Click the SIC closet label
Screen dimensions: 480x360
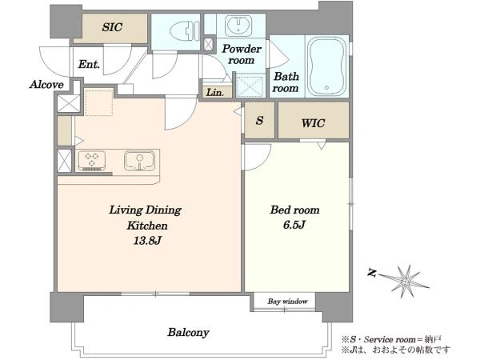(112, 27)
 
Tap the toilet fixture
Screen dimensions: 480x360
(183, 30)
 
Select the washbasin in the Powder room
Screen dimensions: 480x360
(238, 26)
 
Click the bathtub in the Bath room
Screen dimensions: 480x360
(326, 66)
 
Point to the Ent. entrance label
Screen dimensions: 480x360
(89, 64)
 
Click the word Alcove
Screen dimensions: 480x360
(46, 85)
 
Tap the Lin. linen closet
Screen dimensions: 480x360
(215, 92)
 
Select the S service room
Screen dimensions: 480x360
(259, 120)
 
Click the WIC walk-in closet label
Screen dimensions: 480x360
(313, 123)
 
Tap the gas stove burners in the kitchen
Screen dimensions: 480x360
(92, 161)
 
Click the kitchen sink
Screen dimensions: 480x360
(139, 161)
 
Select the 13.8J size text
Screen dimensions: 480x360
(147, 241)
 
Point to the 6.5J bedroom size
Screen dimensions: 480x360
(294, 225)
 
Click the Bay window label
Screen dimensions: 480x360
(287, 302)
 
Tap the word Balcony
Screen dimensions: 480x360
(188, 333)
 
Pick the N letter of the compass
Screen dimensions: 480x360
(372, 273)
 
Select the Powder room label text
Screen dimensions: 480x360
(242, 54)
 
